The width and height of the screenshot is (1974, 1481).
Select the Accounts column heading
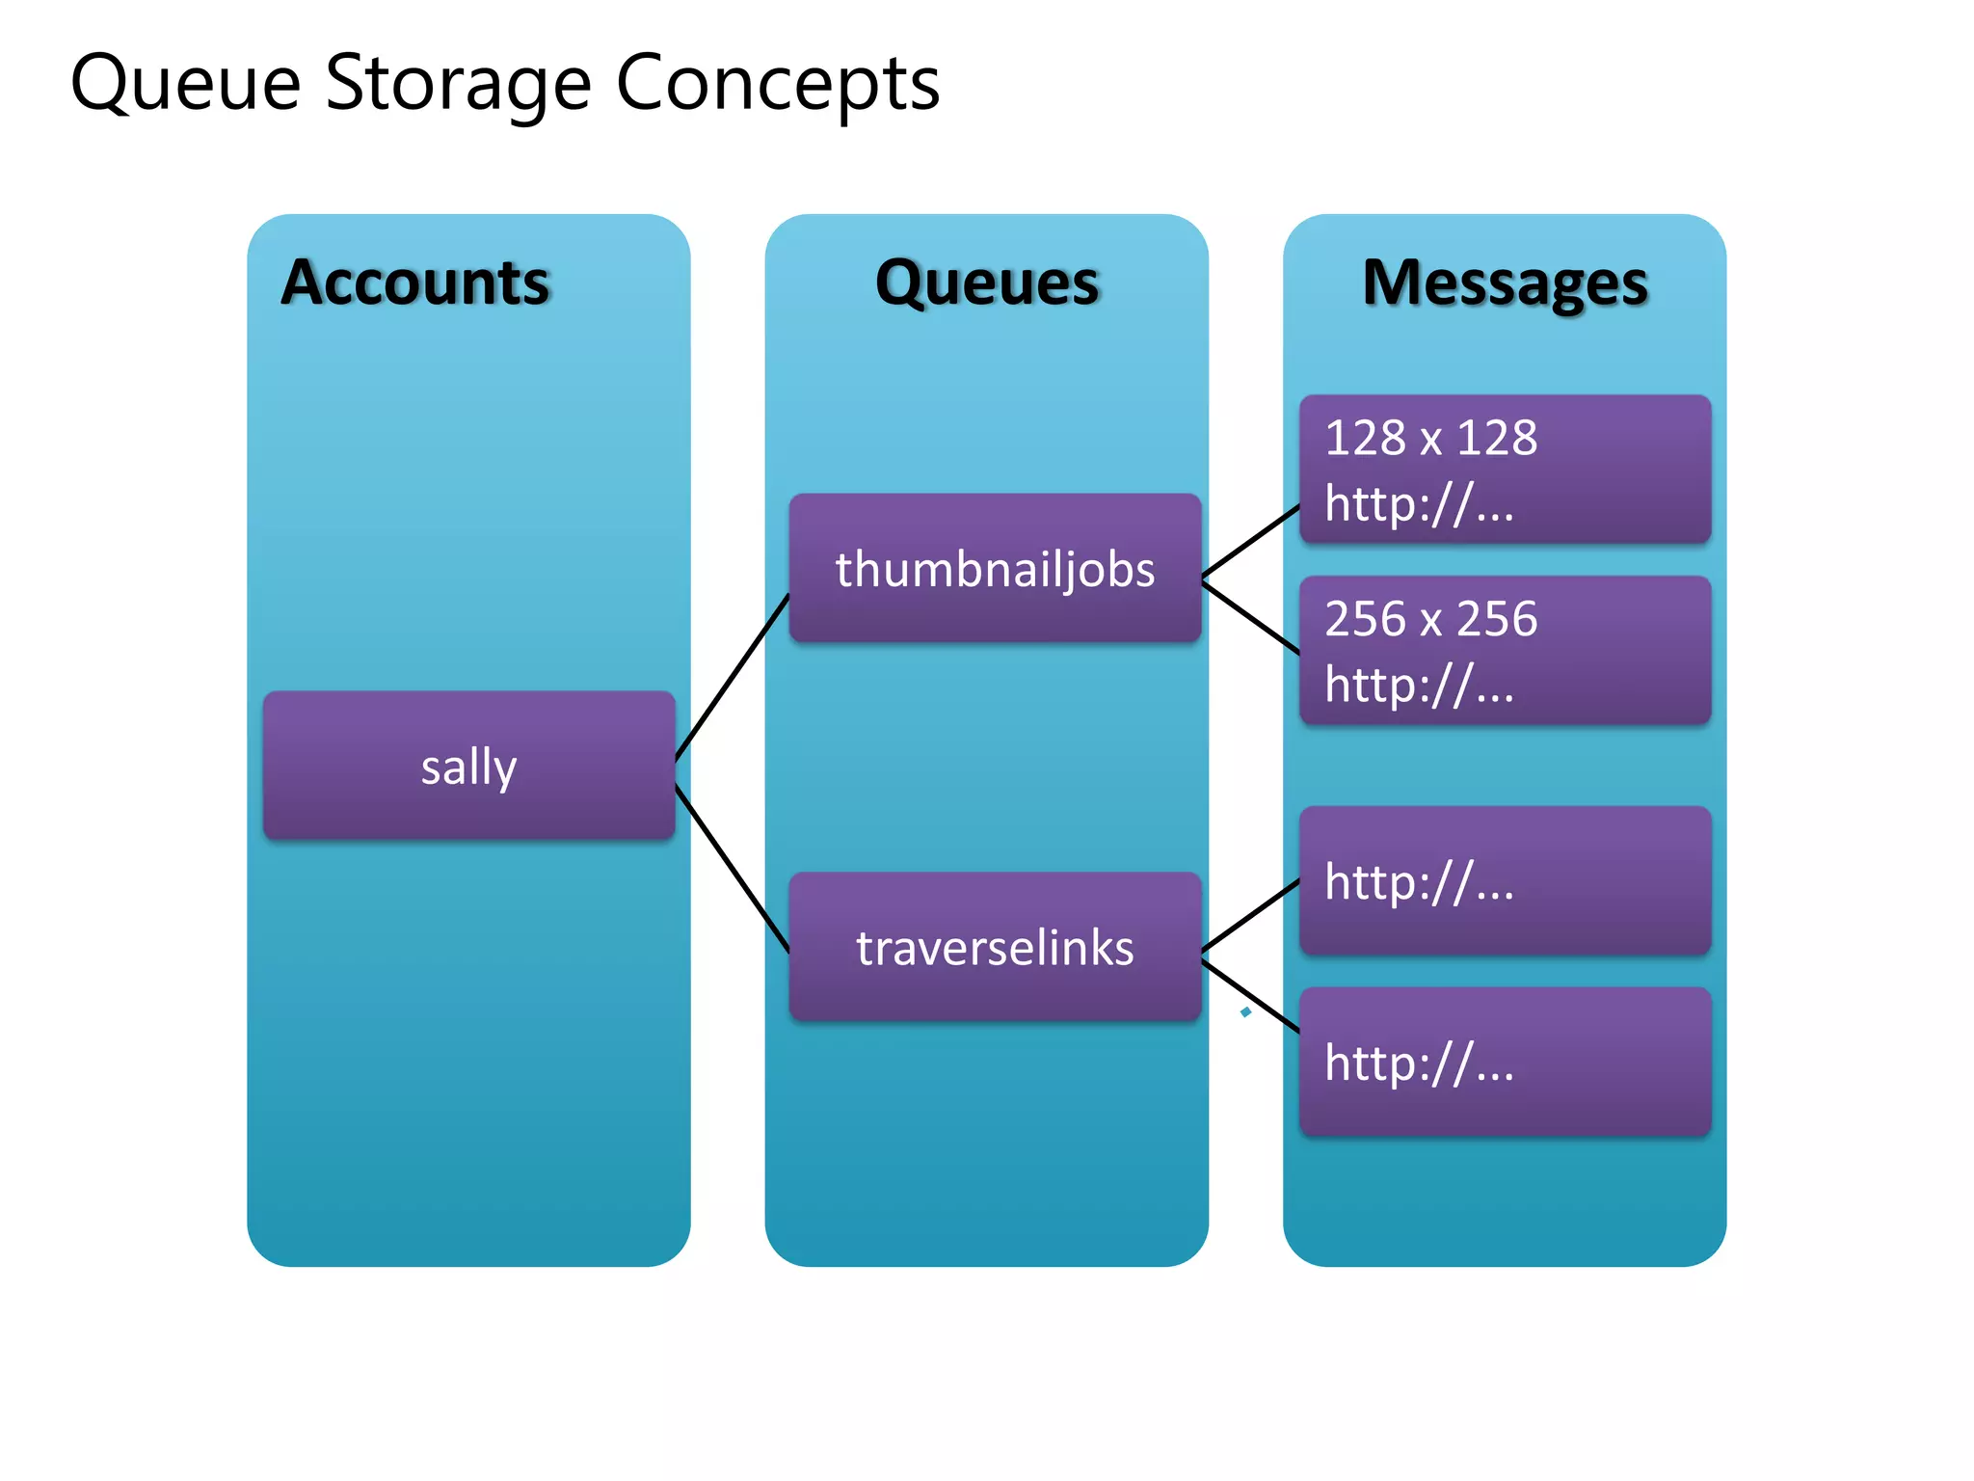click(x=414, y=283)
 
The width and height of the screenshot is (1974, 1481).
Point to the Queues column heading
click(x=987, y=283)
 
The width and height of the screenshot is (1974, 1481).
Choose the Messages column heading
click(x=1505, y=283)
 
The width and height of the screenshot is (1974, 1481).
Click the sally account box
click(x=468, y=767)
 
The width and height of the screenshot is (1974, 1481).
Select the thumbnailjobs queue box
click(x=995, y=569)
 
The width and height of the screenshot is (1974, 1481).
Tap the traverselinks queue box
click(x=995, y=948)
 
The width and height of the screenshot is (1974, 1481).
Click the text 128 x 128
click(x=1430, y=438)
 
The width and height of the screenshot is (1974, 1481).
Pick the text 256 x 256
click(x=1430, y=619)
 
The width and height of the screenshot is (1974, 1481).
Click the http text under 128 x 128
click(x=1419, y=503)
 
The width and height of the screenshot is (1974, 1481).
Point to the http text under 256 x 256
click(x=1419, y=685)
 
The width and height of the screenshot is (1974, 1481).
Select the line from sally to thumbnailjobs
click(x=733, y=677)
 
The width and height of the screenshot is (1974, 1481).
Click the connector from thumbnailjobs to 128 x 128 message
click(x=1251, y=542)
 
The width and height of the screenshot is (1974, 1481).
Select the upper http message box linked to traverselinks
click(x=1505, y=881)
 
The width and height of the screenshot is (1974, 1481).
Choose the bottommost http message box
click(x=1505, y=1063)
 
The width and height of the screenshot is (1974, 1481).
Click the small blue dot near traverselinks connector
click(x=1246, y=1011)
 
